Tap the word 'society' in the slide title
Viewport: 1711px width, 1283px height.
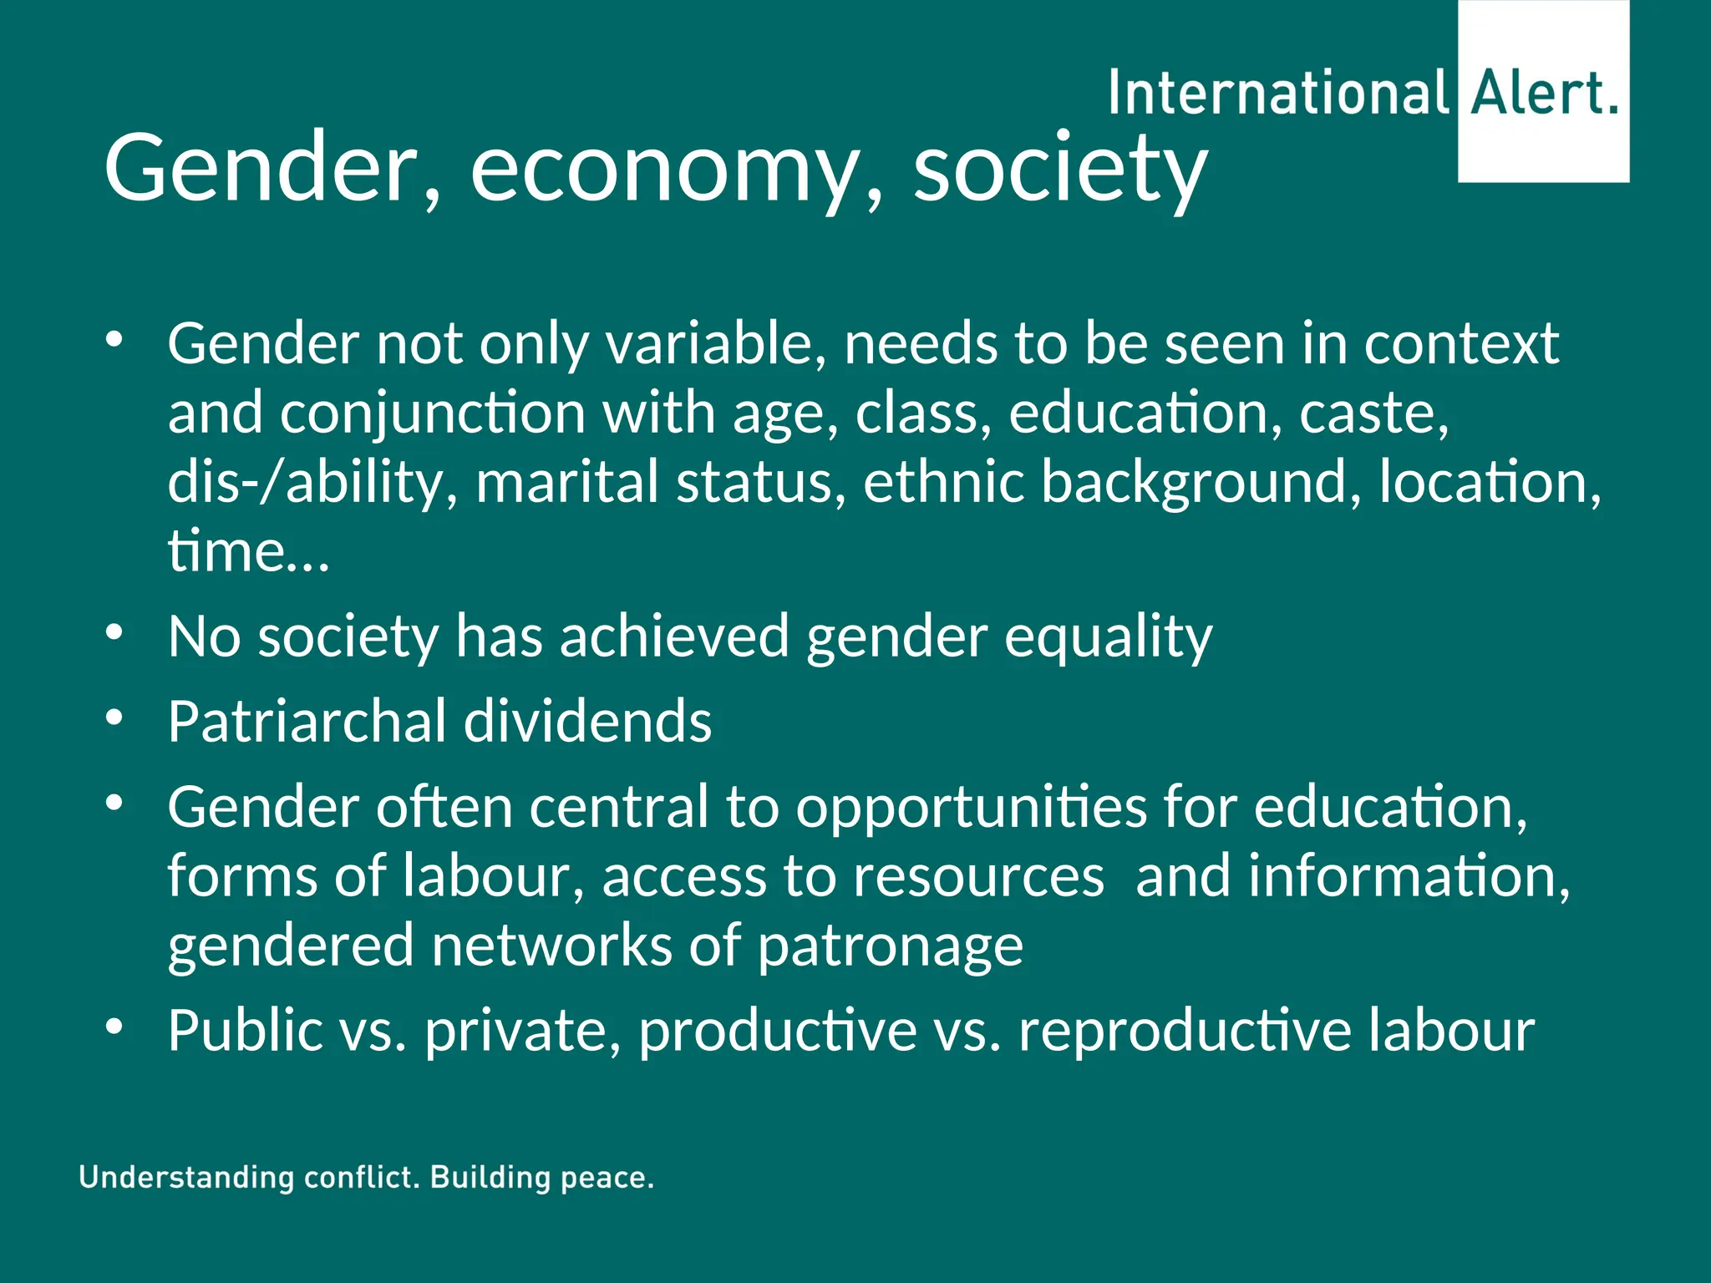[1059, 171]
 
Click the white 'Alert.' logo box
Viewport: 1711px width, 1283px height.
[1543, 92]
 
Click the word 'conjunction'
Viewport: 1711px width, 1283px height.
[432, 413]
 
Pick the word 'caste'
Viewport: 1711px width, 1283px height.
[1373, 413]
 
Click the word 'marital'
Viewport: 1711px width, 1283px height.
[567, 482]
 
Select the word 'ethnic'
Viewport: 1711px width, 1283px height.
[943, 482]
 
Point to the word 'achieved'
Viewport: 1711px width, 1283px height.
[674, 636]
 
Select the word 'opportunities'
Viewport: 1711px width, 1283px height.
[971, 809]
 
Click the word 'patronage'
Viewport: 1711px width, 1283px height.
[890, 947]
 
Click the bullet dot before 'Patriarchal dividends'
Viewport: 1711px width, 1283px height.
[114, 717]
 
